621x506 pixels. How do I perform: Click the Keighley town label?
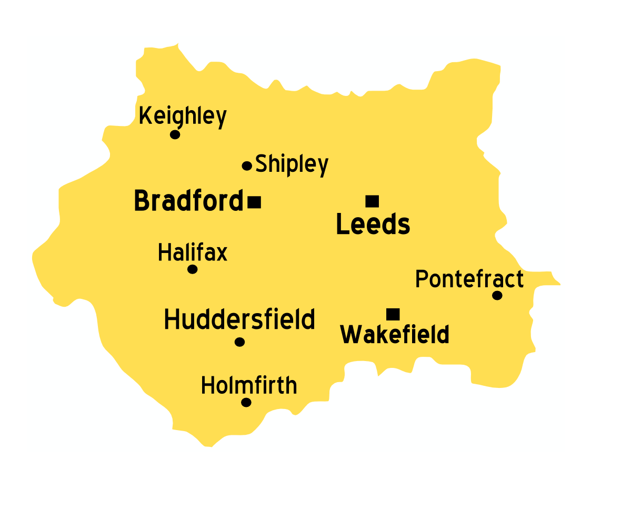point(183,116)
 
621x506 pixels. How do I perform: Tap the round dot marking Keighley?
point(175,134)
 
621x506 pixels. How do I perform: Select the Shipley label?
point(292,164)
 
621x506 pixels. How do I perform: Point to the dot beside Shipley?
point(247,166)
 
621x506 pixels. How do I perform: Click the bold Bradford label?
point(188,201)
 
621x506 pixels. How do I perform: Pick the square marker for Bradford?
point(255,202)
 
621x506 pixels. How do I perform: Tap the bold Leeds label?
point(373,225)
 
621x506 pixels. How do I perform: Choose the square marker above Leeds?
point(372,201)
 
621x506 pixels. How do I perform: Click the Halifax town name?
point(193,253)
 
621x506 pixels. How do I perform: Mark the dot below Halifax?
point(193,269)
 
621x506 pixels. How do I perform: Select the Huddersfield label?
point(239,319)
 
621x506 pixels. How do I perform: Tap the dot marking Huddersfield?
point(239,342)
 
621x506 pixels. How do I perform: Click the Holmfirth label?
point(249,386)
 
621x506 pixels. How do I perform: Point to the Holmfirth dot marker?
point(246,403)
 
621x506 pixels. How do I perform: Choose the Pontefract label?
point(469,279)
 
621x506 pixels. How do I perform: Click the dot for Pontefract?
point(497,295)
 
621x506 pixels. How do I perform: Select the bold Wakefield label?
point(395,335)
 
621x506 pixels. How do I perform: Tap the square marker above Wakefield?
point(393,314)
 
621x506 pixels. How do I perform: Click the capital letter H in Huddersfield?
point(172,319)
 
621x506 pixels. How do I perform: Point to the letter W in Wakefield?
point(350,335)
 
